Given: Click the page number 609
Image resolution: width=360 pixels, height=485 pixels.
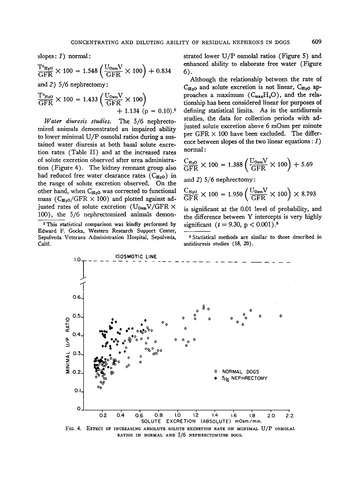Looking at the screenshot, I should [317, 42].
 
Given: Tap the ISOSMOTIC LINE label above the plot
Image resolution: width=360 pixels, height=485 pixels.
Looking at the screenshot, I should [135, 256].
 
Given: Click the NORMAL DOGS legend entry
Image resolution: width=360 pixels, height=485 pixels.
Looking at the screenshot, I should [240, 372].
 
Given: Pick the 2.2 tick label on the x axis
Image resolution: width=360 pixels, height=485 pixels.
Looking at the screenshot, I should [289, 415].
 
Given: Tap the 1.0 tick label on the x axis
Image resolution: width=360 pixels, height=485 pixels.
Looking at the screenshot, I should [177, 415].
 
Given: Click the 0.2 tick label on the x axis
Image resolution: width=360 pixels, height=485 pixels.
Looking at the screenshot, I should [103, 415].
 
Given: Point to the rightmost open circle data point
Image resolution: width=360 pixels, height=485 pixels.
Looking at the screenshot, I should [281, 316].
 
